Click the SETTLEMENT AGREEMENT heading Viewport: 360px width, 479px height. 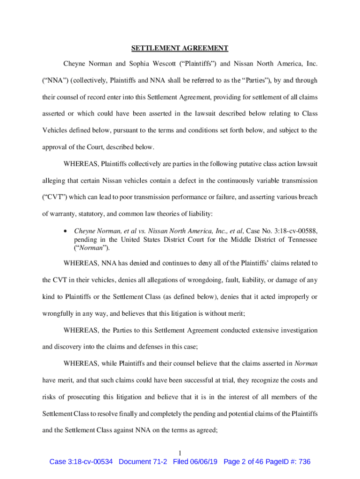pos(180,48)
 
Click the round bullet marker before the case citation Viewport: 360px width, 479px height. pos(67,231)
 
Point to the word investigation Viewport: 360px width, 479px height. pos(297,330)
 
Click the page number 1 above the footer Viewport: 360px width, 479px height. pos(180,452)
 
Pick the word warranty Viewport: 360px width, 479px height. pos(58,214)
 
